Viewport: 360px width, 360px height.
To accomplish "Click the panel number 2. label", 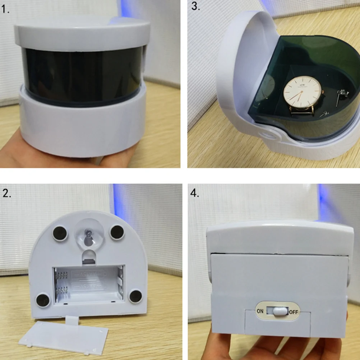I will click(7, 194).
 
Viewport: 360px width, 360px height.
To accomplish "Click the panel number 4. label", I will click(195, 194).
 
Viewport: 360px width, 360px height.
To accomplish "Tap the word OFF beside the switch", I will click(294, 311).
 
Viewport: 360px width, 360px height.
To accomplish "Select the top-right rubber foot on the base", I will click(117, 232).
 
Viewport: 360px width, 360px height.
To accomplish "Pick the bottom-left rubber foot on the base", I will click(43, 299).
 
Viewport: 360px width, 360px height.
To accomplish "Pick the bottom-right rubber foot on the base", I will click(136, 296).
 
